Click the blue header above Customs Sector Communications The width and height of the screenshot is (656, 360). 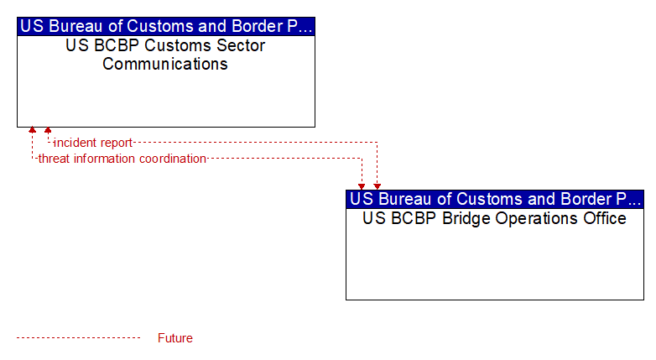click(x=166, y=26)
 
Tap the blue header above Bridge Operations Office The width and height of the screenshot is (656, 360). click(x=495, y=199)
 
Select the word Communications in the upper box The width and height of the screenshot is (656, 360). click(x=165, y=64)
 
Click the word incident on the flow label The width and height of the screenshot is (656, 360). click(x=75, y=143)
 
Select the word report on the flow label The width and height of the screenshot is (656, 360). click(x=116, y=143)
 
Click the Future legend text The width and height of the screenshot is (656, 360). click(x=175, y=338)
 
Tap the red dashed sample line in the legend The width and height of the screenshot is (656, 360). click(x=78, y=338)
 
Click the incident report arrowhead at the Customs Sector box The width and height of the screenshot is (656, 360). click(x=48, y=130)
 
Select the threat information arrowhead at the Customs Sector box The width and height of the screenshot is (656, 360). click(x=32, y=130)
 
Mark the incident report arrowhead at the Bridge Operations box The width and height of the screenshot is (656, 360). click(x=377, y=186)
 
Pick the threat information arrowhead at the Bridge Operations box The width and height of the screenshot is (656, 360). click(x=362, y=186)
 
